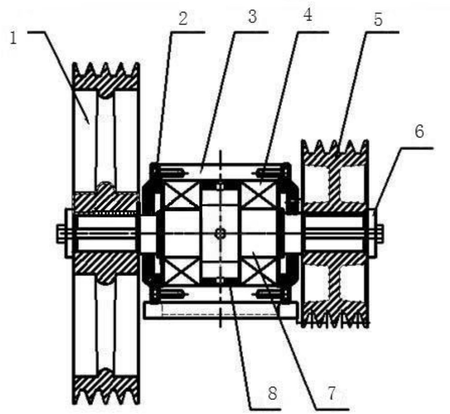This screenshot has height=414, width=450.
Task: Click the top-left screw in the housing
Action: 172,172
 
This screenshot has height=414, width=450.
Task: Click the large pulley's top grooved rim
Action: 106,76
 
